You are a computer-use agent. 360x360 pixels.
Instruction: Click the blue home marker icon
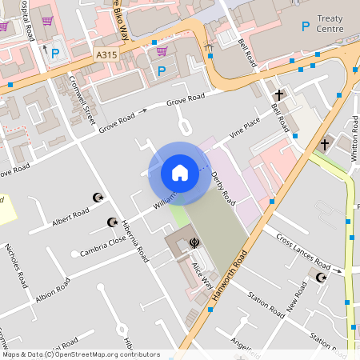pos(180,172)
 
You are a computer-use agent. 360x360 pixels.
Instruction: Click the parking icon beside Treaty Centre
pos(305,26)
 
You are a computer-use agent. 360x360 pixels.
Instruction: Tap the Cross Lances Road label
pos(303,252)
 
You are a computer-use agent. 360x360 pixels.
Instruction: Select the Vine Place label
pos(246,126)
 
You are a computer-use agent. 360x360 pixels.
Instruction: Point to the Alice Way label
pos(202,274)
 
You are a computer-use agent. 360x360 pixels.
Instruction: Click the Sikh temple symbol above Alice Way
pos(193,242)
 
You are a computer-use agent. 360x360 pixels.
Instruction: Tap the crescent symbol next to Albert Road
pos(99,197)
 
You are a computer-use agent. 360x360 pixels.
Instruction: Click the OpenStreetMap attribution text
pos(80,354)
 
